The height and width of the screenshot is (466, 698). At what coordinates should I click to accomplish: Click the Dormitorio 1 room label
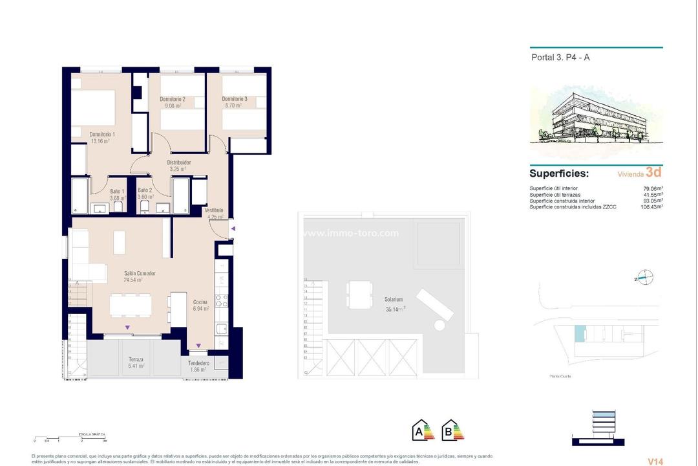[x=103, y=134]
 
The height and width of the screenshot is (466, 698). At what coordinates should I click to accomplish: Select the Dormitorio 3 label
[x=235, y=99]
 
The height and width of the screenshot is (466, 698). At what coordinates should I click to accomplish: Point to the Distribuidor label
[x=178, y=162]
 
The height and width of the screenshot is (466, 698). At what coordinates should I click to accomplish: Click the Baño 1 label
[x=116, y=191]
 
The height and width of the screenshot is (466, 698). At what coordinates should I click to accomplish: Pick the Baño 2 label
[x=145, y=191]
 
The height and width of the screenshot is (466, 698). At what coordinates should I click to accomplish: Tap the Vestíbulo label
[x=214, y=210]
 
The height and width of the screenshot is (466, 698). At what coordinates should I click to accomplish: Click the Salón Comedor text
[x=140, y=273]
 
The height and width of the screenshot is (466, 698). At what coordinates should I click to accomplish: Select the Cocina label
[x=200, y=302]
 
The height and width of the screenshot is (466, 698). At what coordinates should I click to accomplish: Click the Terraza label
[x=136, y=359]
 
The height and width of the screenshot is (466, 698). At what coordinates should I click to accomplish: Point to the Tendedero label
[x=202, y=364]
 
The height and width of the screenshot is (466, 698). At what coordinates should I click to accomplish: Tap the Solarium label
[x=394, y=300]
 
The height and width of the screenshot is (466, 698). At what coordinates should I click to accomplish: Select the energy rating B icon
[x=452, y=430]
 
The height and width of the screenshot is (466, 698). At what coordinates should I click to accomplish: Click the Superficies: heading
[x=559, y=173]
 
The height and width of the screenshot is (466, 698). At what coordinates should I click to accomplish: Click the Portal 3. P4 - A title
[x=560, y=57]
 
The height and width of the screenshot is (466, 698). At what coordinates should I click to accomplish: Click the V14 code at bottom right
[x=655, y=461]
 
